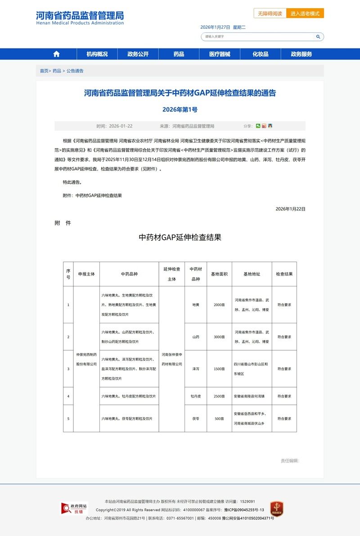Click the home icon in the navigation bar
click(x=56, y=54)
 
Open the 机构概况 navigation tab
click(x=97, y=54)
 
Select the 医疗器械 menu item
click(x=220, y=54)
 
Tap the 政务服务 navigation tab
click(x=301, y=54)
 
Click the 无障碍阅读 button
click(x=270, y=13)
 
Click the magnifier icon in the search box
click(x=318, y=36)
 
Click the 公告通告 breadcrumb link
click(x=75, y=71)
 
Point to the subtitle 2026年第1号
click(x=180, y=109)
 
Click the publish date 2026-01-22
click(x=121, y=126)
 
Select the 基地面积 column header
click(x=220, y=274)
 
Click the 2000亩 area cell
click(x=219, y=305)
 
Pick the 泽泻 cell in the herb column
click(x=196, y=369)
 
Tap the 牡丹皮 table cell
click(x=196, y=396)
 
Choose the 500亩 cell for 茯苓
click(x=219, y=419)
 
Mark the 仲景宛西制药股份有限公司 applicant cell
click(x=86, y=359)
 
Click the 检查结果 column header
click(x=284, y=274)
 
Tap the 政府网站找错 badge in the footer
click(x=75, y=509)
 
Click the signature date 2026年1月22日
click(x=290, y=209)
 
